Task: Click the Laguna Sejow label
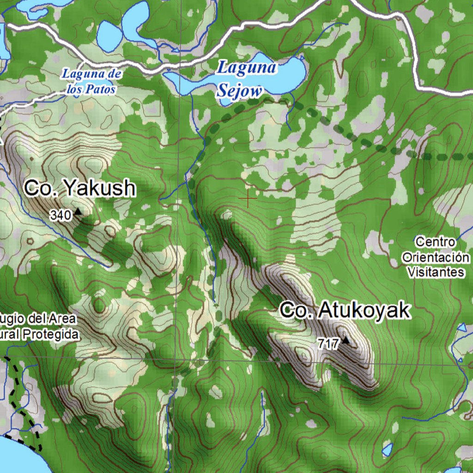[247, 79]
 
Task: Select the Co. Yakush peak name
[80, 188]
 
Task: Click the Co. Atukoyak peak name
[345, 310]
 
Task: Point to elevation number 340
[61, 215]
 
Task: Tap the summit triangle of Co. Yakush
[78, 212]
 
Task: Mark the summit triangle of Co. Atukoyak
[345, 341]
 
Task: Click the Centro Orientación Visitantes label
[435, 257]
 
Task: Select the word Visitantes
[436, 272]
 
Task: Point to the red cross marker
[248, 198]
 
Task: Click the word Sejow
[239, 91]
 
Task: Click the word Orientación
[436, 257]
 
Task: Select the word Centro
[435, 242]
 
